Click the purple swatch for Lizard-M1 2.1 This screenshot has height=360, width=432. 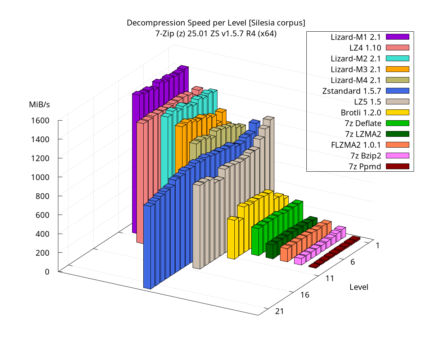pyautogui.click(x=397, y=36)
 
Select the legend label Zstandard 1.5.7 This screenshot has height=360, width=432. pyautogui.click(x=352, y=90)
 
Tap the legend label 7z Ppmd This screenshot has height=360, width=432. pyautogui.click(x=365, y=166)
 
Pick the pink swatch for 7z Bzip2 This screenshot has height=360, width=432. pyautogui.click(x=397, y=156)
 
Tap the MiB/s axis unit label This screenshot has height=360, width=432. pyautogui.click(x=40, y=104)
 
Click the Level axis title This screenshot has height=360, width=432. pyautogui.click(x=359, y=287)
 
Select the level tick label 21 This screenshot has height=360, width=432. pyautogui.click(x=279, y=311)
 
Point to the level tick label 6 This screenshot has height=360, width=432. pyautogui.click(x=352, y=262)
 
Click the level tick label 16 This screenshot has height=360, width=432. pyautogui.click(x=305, y=295)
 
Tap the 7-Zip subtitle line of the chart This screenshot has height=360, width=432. pyautogui.click(x=216, y=34)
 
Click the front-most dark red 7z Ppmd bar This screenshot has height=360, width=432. pyautogui.click(x=314, y=266)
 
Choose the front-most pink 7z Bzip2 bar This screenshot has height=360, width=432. pyautogui.click(x=299, y=260)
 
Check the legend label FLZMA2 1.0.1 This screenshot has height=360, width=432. pyautogui.click(x=356, y=145)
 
